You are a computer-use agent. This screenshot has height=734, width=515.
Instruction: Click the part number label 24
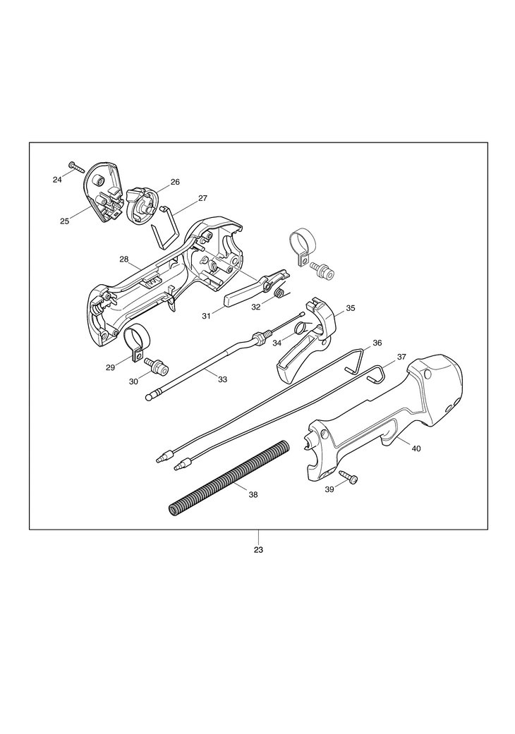tap(57, 180)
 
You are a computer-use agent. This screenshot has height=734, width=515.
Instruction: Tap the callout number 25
tap(64, 221)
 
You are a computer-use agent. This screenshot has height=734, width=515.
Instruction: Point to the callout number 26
tap(175, 182)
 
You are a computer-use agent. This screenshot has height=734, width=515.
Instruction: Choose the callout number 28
tap(124, 259)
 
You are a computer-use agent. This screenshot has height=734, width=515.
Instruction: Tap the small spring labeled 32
tap(279, 293)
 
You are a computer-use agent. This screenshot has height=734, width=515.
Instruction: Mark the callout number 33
tap(222, 379)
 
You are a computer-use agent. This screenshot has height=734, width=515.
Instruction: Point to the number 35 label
tap(351, 309)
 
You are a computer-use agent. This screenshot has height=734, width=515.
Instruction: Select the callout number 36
tap(377, 343)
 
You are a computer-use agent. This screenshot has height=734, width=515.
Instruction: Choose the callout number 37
tap(401, 357)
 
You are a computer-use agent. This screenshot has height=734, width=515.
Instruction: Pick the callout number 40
tap(416, 448)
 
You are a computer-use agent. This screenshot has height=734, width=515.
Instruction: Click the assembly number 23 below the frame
tap(258, 550)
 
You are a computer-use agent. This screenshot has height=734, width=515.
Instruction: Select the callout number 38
tap(253, 495)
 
